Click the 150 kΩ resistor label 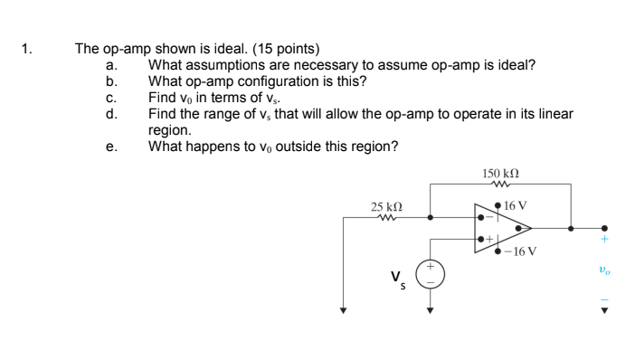click(x=500, y=173)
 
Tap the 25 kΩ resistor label click(x=386, y=207)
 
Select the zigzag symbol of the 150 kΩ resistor click(x=499, y=184)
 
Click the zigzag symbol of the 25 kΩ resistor click(x=386, y=218)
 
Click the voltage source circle click(x=430, y=274)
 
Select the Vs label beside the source click(x=397, y=279)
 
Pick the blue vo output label click(x=604, y=269)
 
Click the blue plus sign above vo click(x=604, y=240)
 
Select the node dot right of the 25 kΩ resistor click(x=430, y=218)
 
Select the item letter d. click(x=110, y=114)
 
